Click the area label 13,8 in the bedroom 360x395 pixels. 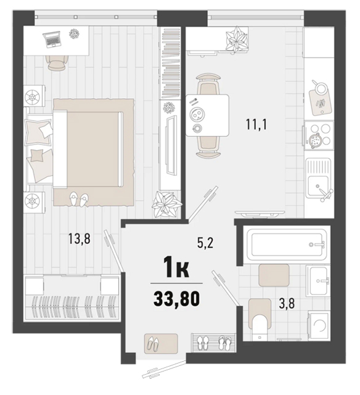80,239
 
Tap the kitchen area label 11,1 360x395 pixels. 256,125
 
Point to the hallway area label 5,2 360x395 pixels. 205,243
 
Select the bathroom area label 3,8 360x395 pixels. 287,304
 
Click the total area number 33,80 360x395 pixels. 176,298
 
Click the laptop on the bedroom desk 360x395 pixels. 52,39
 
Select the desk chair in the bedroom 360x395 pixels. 57,63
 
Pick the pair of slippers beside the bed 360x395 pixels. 79,199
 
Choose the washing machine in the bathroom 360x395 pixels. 319,325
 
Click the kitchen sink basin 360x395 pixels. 318,186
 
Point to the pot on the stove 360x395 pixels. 314,139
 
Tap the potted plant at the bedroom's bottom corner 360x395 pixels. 166,204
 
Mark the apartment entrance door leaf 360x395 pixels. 163,369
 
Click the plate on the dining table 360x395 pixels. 198,115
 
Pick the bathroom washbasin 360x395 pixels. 318,281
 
